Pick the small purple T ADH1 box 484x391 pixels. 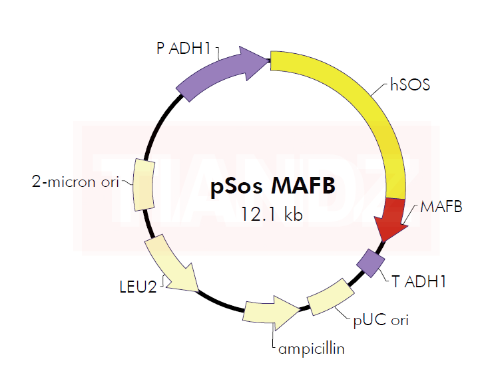(371, 261)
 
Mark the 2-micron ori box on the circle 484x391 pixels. (144, 184)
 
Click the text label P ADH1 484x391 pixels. (183, 48)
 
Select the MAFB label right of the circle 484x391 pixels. (441, 207)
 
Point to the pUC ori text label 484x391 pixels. (380, 321)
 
